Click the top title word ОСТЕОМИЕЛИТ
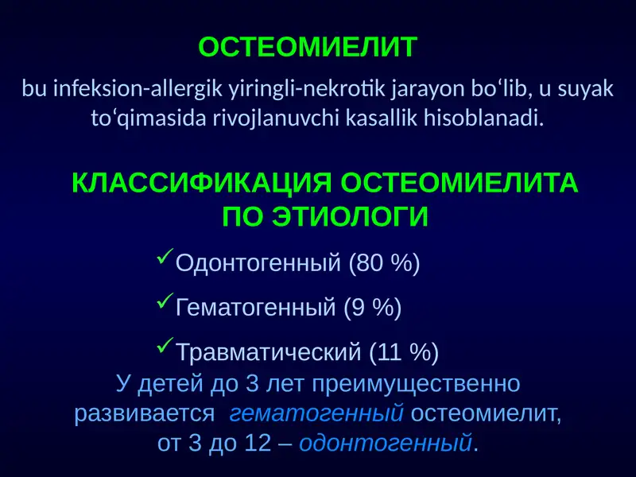(x=307, y=48)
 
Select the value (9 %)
(x=372, y=307)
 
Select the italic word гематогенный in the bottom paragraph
(x=317, y=414)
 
